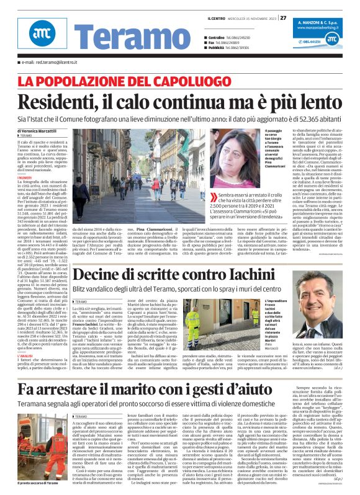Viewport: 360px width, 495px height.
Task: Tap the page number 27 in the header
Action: coord(283,17)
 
